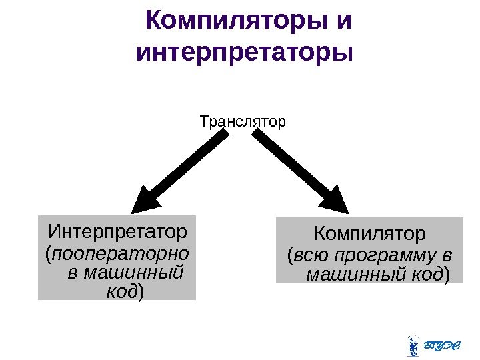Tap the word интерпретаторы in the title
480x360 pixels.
coord(243,51)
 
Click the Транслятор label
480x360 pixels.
coord(243,122)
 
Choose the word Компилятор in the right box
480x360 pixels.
coord(369,235)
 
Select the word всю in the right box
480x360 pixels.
coord(310,256)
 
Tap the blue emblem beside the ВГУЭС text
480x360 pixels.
coord(413,344)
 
